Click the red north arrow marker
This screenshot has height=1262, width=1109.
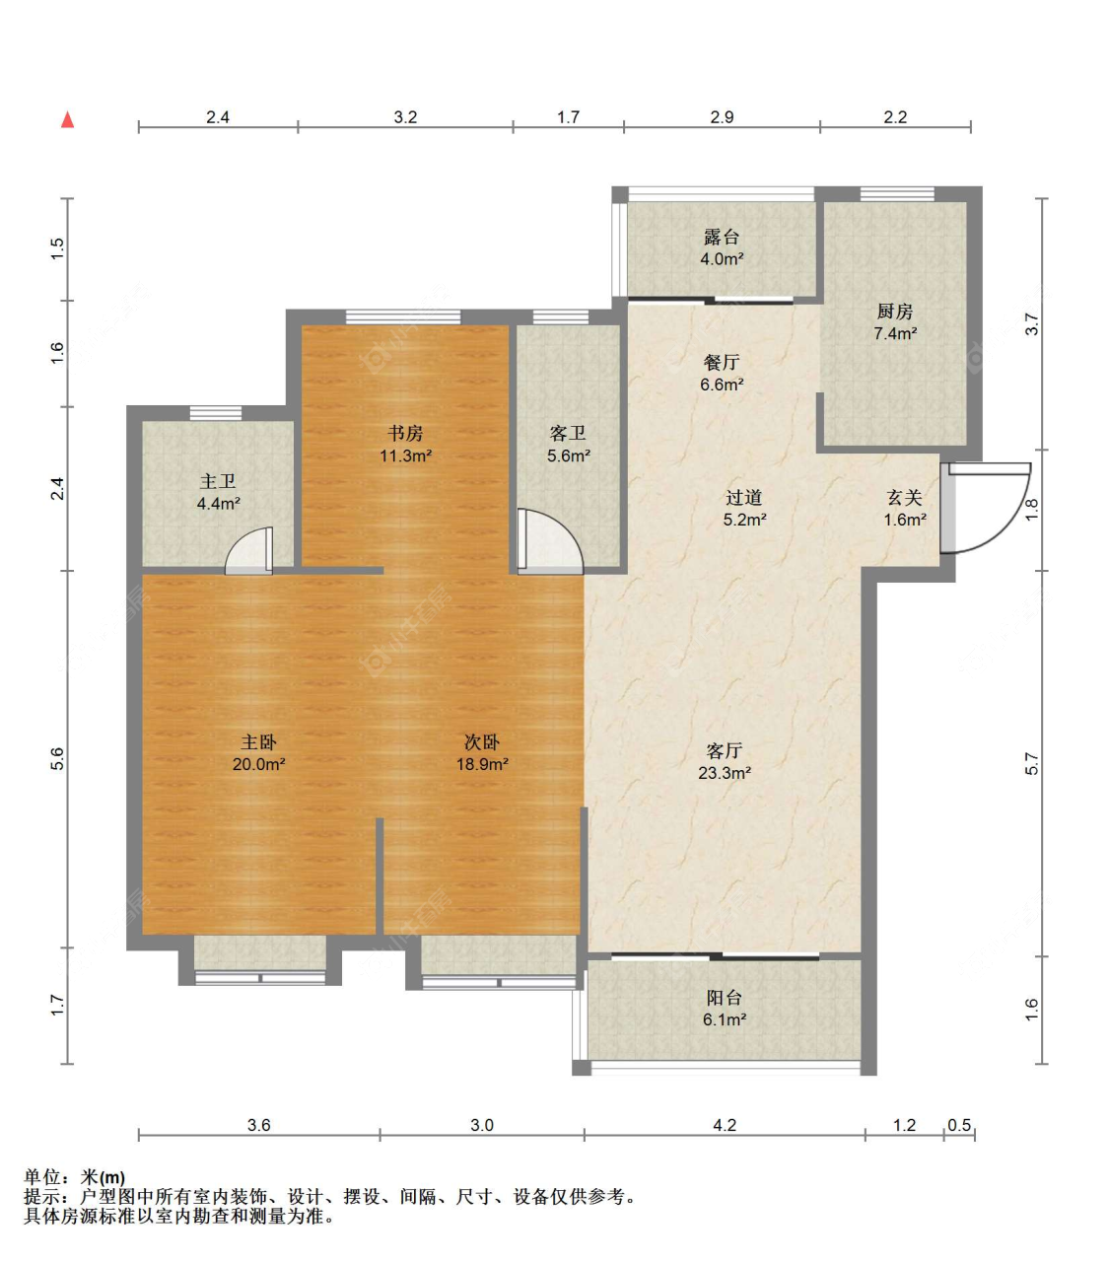coord(67,119)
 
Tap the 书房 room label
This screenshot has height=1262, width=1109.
coord(405,432)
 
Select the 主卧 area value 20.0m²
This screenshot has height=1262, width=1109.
coord(258,764)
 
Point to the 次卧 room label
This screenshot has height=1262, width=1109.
coord(482,741)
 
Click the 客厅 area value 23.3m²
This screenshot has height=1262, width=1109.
coord(725,773)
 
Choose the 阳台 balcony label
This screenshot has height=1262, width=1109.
coord(725,998)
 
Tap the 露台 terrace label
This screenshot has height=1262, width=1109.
coord(722,237)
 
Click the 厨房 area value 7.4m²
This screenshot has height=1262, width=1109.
coord(895,333)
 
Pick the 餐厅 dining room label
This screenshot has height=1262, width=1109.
coord(722,362)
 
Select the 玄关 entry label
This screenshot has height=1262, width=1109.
coord(904,497)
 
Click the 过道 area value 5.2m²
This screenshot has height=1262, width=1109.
coord(744,519)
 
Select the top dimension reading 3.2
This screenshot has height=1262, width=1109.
coord(405,117)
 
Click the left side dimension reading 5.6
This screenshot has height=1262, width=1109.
coord(56,759)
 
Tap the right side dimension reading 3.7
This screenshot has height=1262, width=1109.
coord(1032,324)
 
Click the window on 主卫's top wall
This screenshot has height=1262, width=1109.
coord(216,412)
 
